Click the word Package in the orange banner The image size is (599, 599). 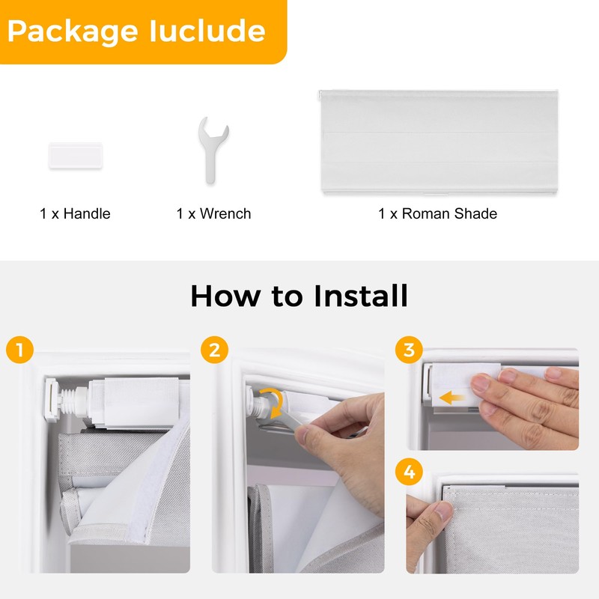[x=73, y=32]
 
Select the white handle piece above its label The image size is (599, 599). [x=76, y=155]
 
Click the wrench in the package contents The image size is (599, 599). [x=213, y=150]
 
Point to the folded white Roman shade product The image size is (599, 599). [x=439, y=142]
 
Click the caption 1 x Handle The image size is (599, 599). [x=75, y=213]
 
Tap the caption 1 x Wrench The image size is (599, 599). [x=213, y=213]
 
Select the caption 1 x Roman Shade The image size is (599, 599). [x=437, y=213]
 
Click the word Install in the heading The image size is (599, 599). [x=361, y=296]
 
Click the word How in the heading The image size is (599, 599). [x=225, y=296]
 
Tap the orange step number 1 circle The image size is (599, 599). [x=20, y=350]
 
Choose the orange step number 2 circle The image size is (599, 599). [x=214, y=350]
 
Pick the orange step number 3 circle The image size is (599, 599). [x=409, y=350]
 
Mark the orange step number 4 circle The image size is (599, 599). [x=409, y=472]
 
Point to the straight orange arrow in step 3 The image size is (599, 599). [x=452, y=398]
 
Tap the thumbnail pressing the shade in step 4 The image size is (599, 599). [x=443, y=510]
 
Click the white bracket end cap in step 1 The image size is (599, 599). [x=51, y=400]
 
